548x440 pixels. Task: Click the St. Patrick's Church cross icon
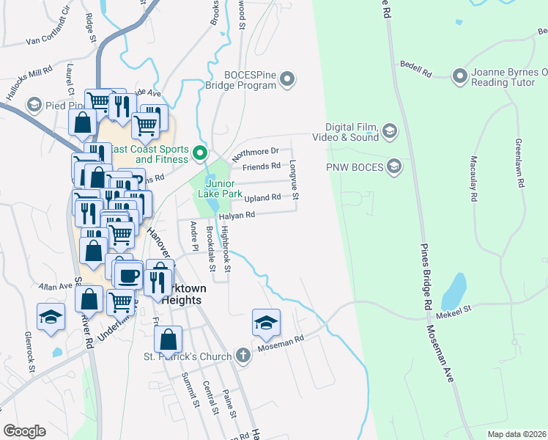point(244,356)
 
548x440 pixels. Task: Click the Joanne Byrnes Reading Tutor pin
point(460,76)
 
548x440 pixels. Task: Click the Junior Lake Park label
point(223,188)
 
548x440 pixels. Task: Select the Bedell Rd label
point(415,70)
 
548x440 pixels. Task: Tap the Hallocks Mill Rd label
point(29,77)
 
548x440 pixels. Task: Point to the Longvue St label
point(294,181)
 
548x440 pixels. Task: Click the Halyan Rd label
point(236,215)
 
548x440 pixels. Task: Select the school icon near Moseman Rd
point(266,322)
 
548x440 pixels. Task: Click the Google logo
point(24,431)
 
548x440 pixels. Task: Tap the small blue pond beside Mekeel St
point(453,291)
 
